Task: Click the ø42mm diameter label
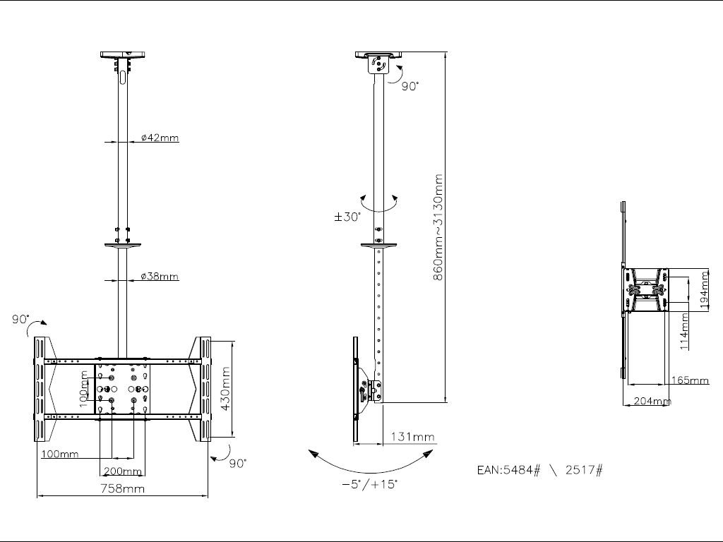(160, 138)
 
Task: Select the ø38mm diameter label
(159, 277)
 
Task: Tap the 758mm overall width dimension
(122, 488)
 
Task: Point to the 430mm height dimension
(226, 390)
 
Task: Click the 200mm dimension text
(123, 471)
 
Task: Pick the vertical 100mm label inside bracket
(83, 391)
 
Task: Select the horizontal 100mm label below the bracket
(60, 454)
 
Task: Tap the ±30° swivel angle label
(347, 217)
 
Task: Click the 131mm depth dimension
(412, 437)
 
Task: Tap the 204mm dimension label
(652, 401)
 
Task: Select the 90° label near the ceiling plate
(410, 85)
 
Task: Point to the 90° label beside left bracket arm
(20, 320)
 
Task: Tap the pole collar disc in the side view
(379, 245)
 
